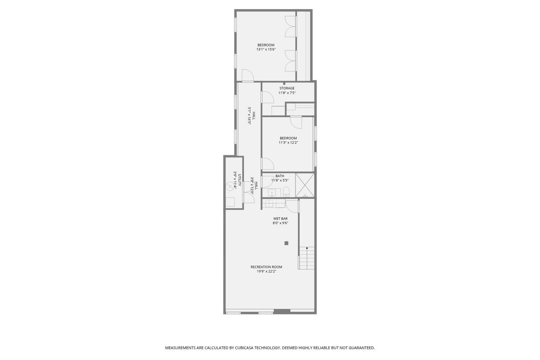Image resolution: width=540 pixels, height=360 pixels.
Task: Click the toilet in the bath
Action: (286, 192)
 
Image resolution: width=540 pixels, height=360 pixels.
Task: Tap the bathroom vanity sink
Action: (272, 192)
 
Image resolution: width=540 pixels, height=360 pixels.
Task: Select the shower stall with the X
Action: (305, 185)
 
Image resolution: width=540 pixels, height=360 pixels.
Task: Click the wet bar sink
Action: (269, 204)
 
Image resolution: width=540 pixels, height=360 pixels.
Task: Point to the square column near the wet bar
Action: (286, 243)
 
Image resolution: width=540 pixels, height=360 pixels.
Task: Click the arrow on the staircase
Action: (307, 248)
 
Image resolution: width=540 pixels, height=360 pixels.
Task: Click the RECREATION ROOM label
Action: (266, 267)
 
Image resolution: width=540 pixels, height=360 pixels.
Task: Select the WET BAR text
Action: (280, 219)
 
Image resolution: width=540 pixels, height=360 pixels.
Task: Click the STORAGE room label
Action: (287, 88)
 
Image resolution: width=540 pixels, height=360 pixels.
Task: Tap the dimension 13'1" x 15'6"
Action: (266, 49)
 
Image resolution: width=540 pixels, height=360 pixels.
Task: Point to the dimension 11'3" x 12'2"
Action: (288, 143)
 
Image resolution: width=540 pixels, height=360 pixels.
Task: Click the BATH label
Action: (280, 176)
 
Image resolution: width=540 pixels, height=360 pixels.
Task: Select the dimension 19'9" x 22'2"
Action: (266, 271)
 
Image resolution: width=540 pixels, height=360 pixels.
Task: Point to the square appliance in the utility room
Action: (230, 202)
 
